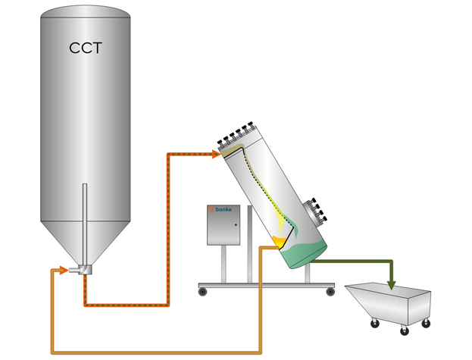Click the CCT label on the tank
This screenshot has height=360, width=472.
click(x=85, y=49)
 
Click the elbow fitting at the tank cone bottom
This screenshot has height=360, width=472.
click(x=80, y=268)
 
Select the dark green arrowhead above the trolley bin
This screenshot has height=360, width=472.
click(x=392, y=285)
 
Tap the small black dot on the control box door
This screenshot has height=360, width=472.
click(x=236, y=225)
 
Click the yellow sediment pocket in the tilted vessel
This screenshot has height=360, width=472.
click(x=280, y=243)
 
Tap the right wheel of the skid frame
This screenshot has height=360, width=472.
click(x=330, y=291)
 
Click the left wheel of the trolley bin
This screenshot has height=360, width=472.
click(x=374, y=324)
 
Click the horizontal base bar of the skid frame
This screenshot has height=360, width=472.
click(x=265, y=285)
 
